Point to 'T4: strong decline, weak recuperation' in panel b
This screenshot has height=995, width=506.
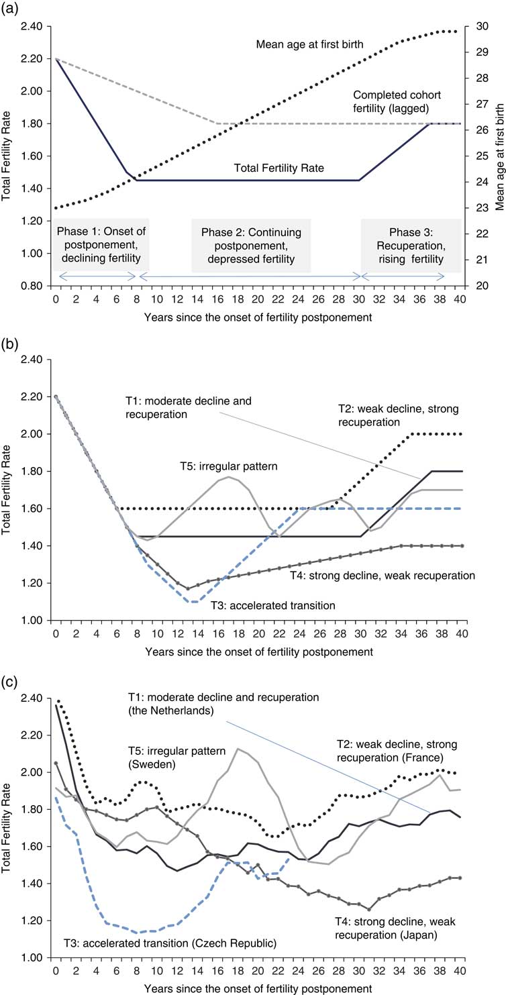pos(383,575)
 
